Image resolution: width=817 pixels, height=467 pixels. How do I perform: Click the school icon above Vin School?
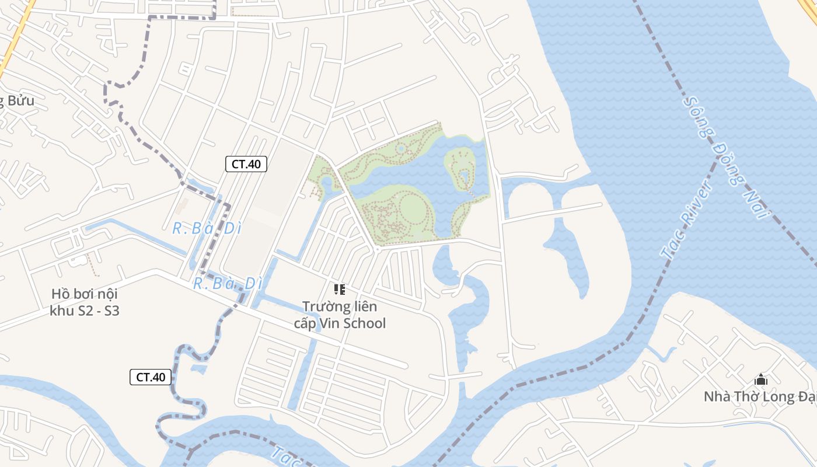pyautogui.click(x=339, y=289)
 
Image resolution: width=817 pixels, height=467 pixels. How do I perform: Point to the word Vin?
pyautogui.click(x=329, y=323)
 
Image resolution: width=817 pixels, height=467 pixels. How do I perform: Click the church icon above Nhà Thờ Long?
pyautogui.click(x=760, y=380)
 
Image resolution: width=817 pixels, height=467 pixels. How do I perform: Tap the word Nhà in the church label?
pyautogui.click(x=716, y=397)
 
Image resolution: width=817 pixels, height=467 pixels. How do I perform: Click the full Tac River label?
pyautogui.click(x=686, y=219)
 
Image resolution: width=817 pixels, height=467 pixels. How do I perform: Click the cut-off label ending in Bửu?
pyautogui.click(x=18, y=100)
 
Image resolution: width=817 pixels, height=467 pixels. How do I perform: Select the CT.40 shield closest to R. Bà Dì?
pyautogui.click(x=246, y=164)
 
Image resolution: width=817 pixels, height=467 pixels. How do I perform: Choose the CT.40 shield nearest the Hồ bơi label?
pyautogui.click(x=151, y=377)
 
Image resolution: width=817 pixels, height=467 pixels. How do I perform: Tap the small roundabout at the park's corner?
pyautogui.click(x=377, y=249)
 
